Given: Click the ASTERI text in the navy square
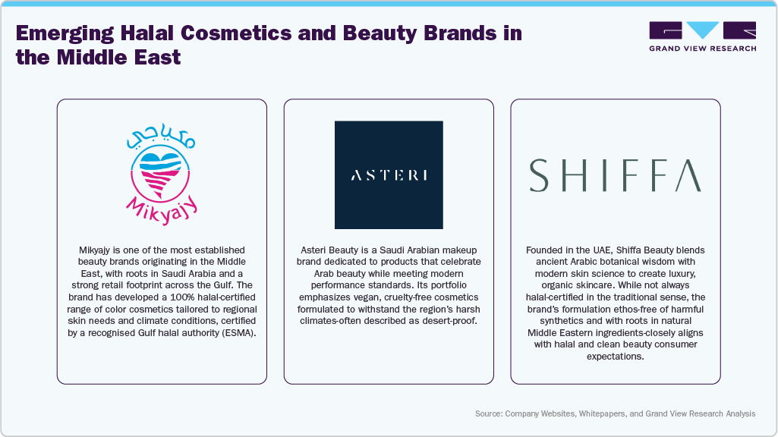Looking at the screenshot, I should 389,175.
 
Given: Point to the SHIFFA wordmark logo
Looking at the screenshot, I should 616,175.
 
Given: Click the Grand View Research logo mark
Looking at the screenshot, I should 702,31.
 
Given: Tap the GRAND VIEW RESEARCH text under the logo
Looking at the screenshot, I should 702,49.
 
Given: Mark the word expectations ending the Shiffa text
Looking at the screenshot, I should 616,356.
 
